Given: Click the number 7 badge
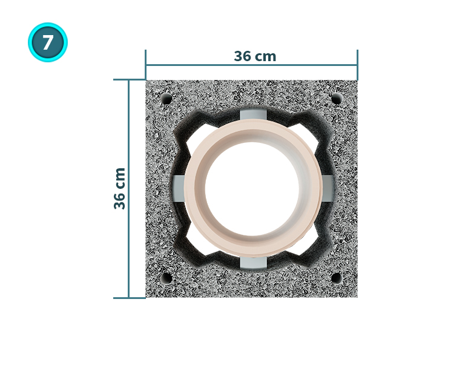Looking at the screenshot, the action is pos(48,42).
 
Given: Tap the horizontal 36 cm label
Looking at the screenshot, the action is pos(255,56).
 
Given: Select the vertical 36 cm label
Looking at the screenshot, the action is pos(119,189).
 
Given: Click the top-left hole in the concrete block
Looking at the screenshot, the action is pos(167,99).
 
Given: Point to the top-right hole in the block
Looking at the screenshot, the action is pos(336,99).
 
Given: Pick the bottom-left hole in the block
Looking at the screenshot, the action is pos(167,278).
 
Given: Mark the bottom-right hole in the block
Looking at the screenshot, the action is pos(336,278).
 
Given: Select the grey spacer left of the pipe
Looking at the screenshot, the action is pos(179,189).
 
